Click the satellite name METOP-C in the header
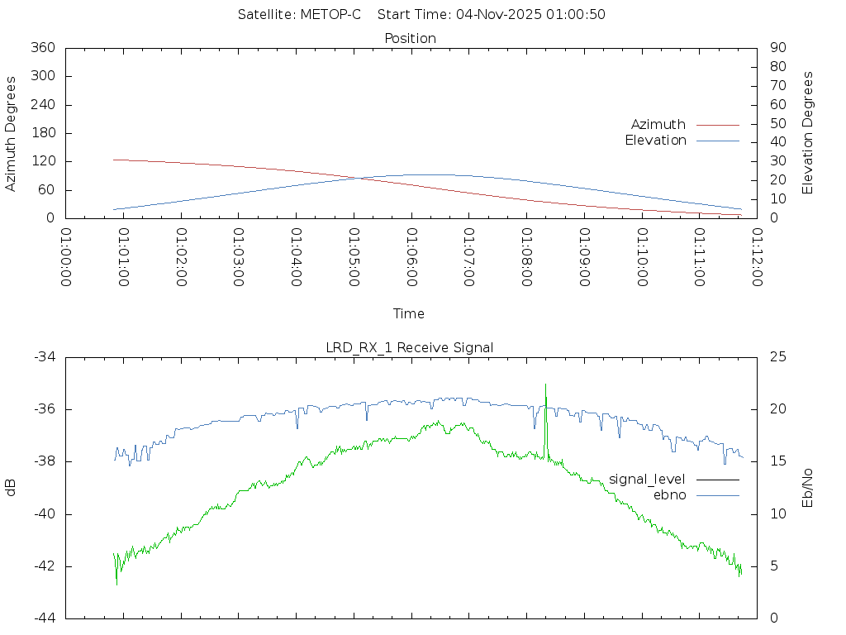tap(330, 15)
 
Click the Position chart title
tap(411, 38)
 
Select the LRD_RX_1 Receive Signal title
tap(410, 347)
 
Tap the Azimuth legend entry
tap(658, 124)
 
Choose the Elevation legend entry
tap(655, 141)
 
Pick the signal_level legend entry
tap(647, 480)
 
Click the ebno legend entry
tap(670, 494)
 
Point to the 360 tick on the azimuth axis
tap(43, 48)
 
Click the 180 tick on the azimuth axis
tap(43, 133)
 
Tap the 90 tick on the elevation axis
tap(777, 48)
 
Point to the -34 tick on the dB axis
tap(44, 356)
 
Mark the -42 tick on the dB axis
tap(44, 566)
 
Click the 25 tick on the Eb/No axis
tap(777, 356)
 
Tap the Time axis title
tap(409, 313)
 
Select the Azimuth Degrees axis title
tap(11, 133)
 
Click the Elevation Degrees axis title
tap(808, 133)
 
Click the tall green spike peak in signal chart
tap(545, 384)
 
